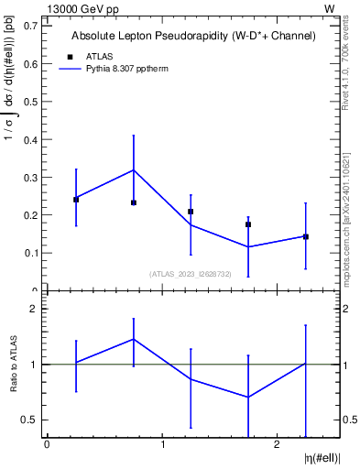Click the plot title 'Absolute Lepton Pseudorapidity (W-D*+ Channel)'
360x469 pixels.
pos(193,36)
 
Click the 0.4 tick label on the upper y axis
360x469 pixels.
pos(30,139)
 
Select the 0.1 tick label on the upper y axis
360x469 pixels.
pos(30,253)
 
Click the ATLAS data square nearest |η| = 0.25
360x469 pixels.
pos(76,199)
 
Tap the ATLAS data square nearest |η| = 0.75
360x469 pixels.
pos(134,202)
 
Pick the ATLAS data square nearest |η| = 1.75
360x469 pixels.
pos(248,224)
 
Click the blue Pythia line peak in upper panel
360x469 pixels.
pos(134,169)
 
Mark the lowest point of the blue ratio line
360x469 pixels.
pos(248,397)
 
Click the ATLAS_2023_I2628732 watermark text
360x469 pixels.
pos(191,274)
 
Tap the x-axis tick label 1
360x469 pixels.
pos(162,445)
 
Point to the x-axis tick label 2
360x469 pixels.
pos(277,445)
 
